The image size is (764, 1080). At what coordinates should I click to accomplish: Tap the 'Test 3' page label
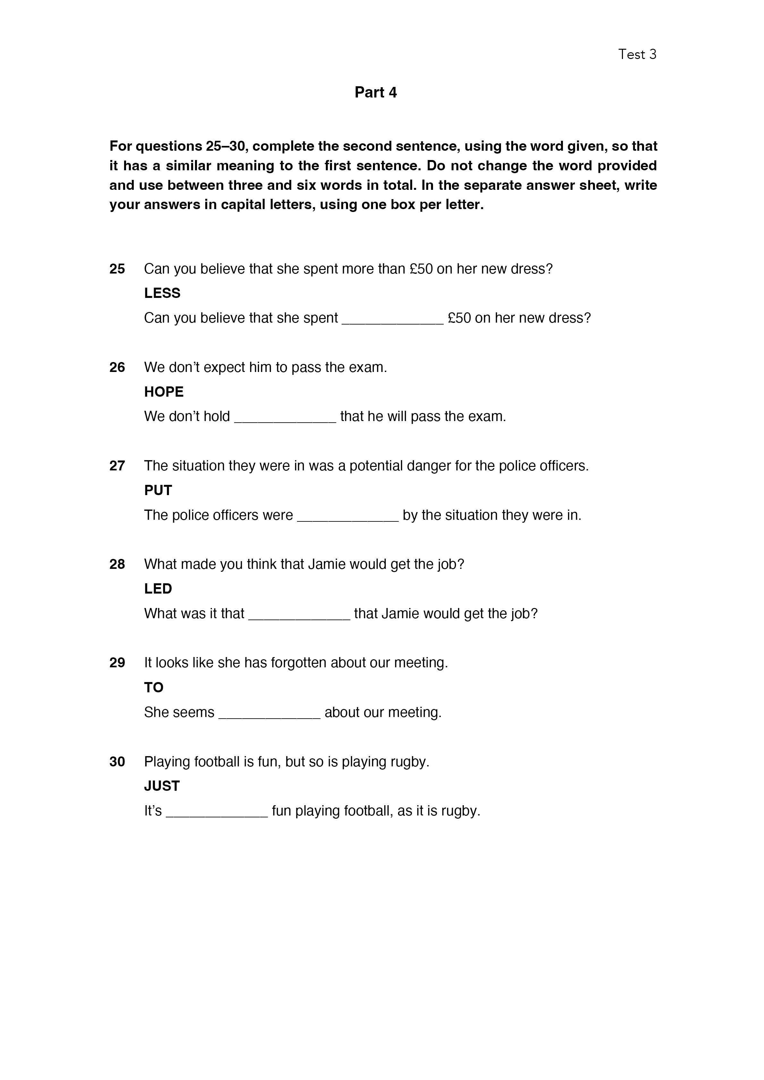pyautogui.click(x=637, y=55)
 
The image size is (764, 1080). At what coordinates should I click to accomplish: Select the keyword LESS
pyautogui.click(x=162, y=293)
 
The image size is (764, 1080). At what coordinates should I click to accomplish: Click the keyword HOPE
pyautogui.click(x=164, y=392)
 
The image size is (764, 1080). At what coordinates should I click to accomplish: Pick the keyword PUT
pyautogui.click(x=158, y=490)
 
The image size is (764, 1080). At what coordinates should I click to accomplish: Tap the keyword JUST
pyautogui.click(x=162, y=786)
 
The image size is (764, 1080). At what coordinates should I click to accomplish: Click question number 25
pyautogui.click(x=117, y=269)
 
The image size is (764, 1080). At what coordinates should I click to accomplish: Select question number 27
pyautogui.click(x=117, y=466)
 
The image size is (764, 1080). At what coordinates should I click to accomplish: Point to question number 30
pyautogui.click(x=117, y=762)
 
